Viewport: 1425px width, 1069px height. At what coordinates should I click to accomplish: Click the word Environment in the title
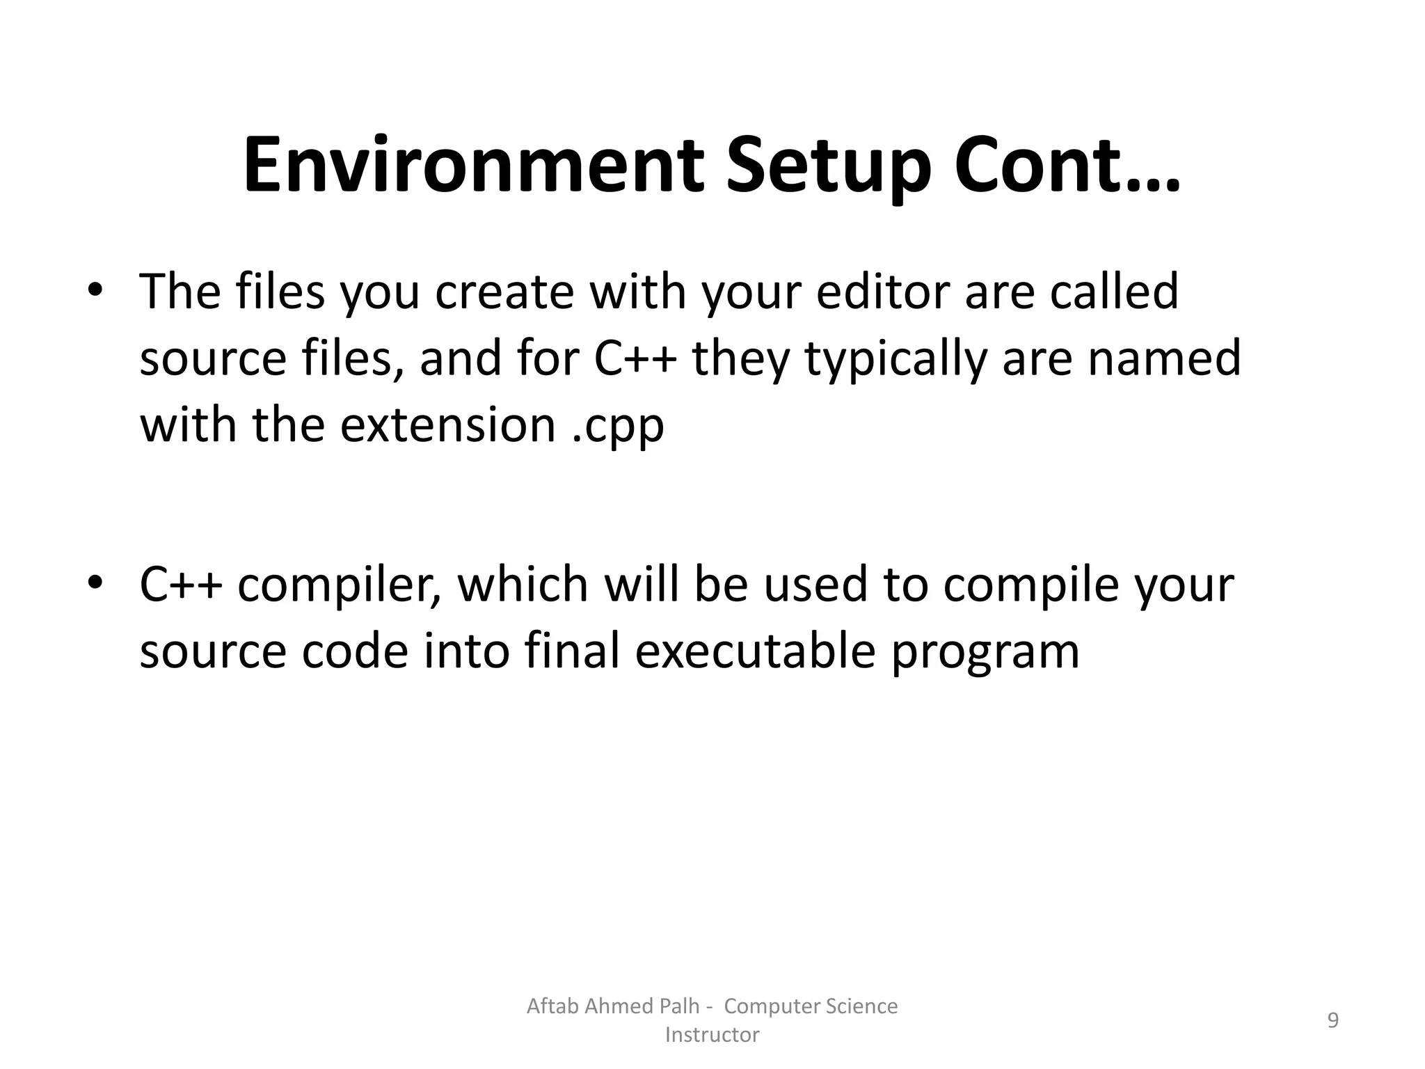click(473, 168)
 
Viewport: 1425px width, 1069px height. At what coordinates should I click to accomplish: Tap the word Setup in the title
click(828, 168)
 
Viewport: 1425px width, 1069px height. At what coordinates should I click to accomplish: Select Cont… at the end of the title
click(1067, 168)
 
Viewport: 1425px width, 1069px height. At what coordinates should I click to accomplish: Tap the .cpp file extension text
click(618, 425)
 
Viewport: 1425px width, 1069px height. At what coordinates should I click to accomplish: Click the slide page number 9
click(1332, 1020)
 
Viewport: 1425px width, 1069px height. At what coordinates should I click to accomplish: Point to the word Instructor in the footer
click(712, 1035)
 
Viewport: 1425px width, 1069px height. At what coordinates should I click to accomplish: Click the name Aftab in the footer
click(552, 1006)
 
